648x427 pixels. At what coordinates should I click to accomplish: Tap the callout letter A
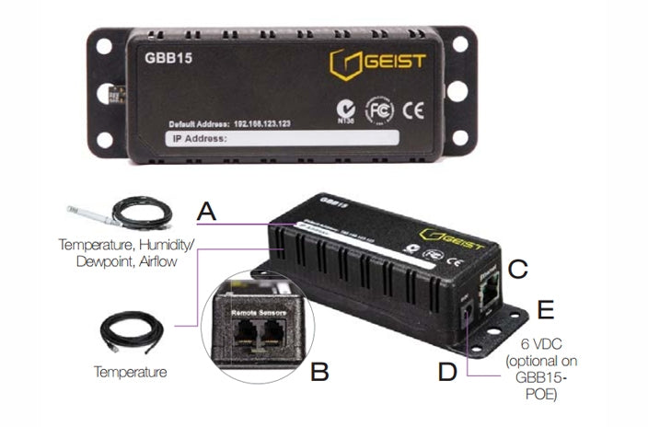(207, 212)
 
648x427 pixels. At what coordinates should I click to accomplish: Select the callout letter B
(319, 372)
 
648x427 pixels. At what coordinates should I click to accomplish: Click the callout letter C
(518, 269)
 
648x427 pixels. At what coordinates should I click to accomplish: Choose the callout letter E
(545, 309)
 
